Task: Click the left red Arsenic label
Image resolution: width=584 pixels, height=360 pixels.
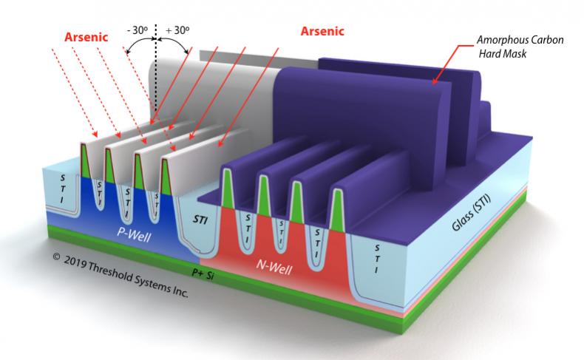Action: [86, 37]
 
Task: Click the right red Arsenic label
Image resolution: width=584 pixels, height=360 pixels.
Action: [322, 31]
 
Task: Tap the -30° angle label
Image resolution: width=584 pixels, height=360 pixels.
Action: [137, 30]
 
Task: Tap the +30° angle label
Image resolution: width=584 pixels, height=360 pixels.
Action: [177, 30]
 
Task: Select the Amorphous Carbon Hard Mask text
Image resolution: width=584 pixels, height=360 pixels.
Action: [520, 47]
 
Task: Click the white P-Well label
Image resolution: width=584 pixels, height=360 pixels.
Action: [134, 234]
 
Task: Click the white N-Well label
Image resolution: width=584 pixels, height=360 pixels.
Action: [274, 267]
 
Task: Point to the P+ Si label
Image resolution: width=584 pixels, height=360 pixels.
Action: [203, 274]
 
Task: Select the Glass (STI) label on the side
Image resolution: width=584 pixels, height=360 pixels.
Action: [471, 214]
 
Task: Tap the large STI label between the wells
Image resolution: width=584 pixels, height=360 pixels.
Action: [200, 220]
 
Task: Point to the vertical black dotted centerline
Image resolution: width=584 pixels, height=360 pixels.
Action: [156, 71]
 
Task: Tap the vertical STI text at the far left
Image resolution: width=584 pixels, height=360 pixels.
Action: [62, 189]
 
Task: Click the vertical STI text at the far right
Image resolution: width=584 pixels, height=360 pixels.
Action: [377, 259]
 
